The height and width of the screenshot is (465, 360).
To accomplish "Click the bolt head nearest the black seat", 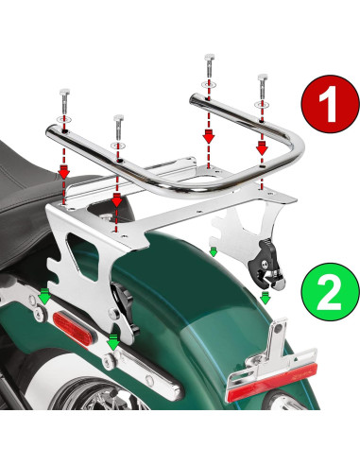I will [62, 95].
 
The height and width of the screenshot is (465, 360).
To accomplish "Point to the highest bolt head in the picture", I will [206, 63].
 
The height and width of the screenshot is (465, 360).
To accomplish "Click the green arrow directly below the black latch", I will [266, 297].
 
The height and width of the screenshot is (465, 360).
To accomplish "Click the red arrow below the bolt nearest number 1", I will [262, 146].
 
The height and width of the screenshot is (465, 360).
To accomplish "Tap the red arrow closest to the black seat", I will [63, 173].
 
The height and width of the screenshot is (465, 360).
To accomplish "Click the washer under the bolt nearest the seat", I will [63, 121].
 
